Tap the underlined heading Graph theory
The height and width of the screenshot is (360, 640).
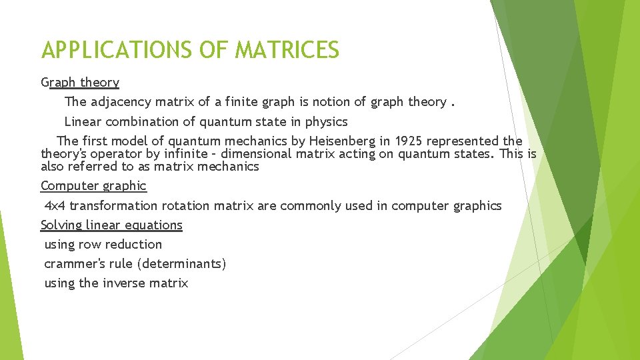[x=80, y=83]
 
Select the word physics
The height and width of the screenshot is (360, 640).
[x=327, y=122]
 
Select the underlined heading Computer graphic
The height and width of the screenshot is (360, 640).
[x=93, y=186]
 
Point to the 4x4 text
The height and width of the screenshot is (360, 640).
[x=55, y=206]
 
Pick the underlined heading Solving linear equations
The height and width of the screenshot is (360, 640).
[x=111, y=225]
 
